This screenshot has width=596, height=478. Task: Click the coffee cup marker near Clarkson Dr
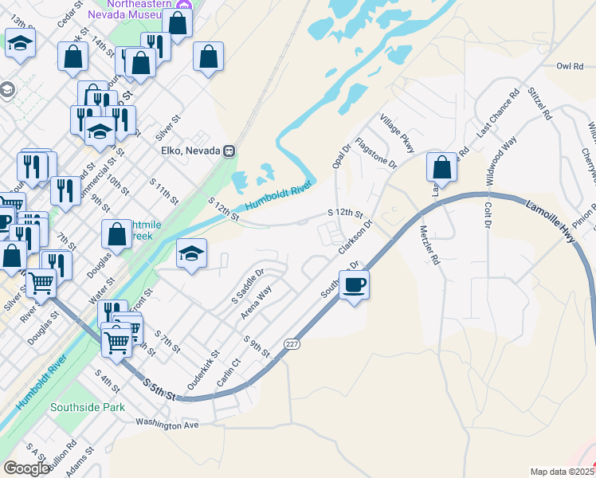click(x=355, y=284)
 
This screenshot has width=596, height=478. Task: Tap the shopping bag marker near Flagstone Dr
click(x=441, y=167)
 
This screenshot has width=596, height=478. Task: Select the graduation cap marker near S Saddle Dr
click(x=191, y=253)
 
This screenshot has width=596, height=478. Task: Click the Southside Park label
click(x=88, y=407)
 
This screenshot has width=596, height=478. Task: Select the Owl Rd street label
click(x=571, y=67)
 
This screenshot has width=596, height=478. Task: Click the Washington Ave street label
click(x=167, y=425)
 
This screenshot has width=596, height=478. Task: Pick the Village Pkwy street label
click(x=398, y=132)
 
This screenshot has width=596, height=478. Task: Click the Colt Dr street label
click(x=488, y=221)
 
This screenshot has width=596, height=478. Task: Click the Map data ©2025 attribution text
click(x=563, y=472)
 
